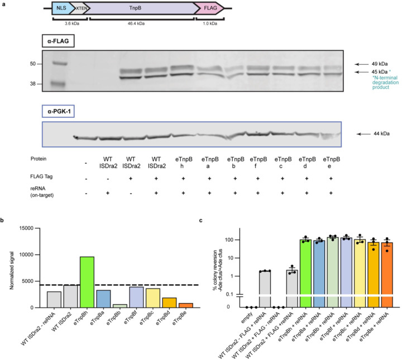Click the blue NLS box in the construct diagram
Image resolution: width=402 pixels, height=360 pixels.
coord(63,9)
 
